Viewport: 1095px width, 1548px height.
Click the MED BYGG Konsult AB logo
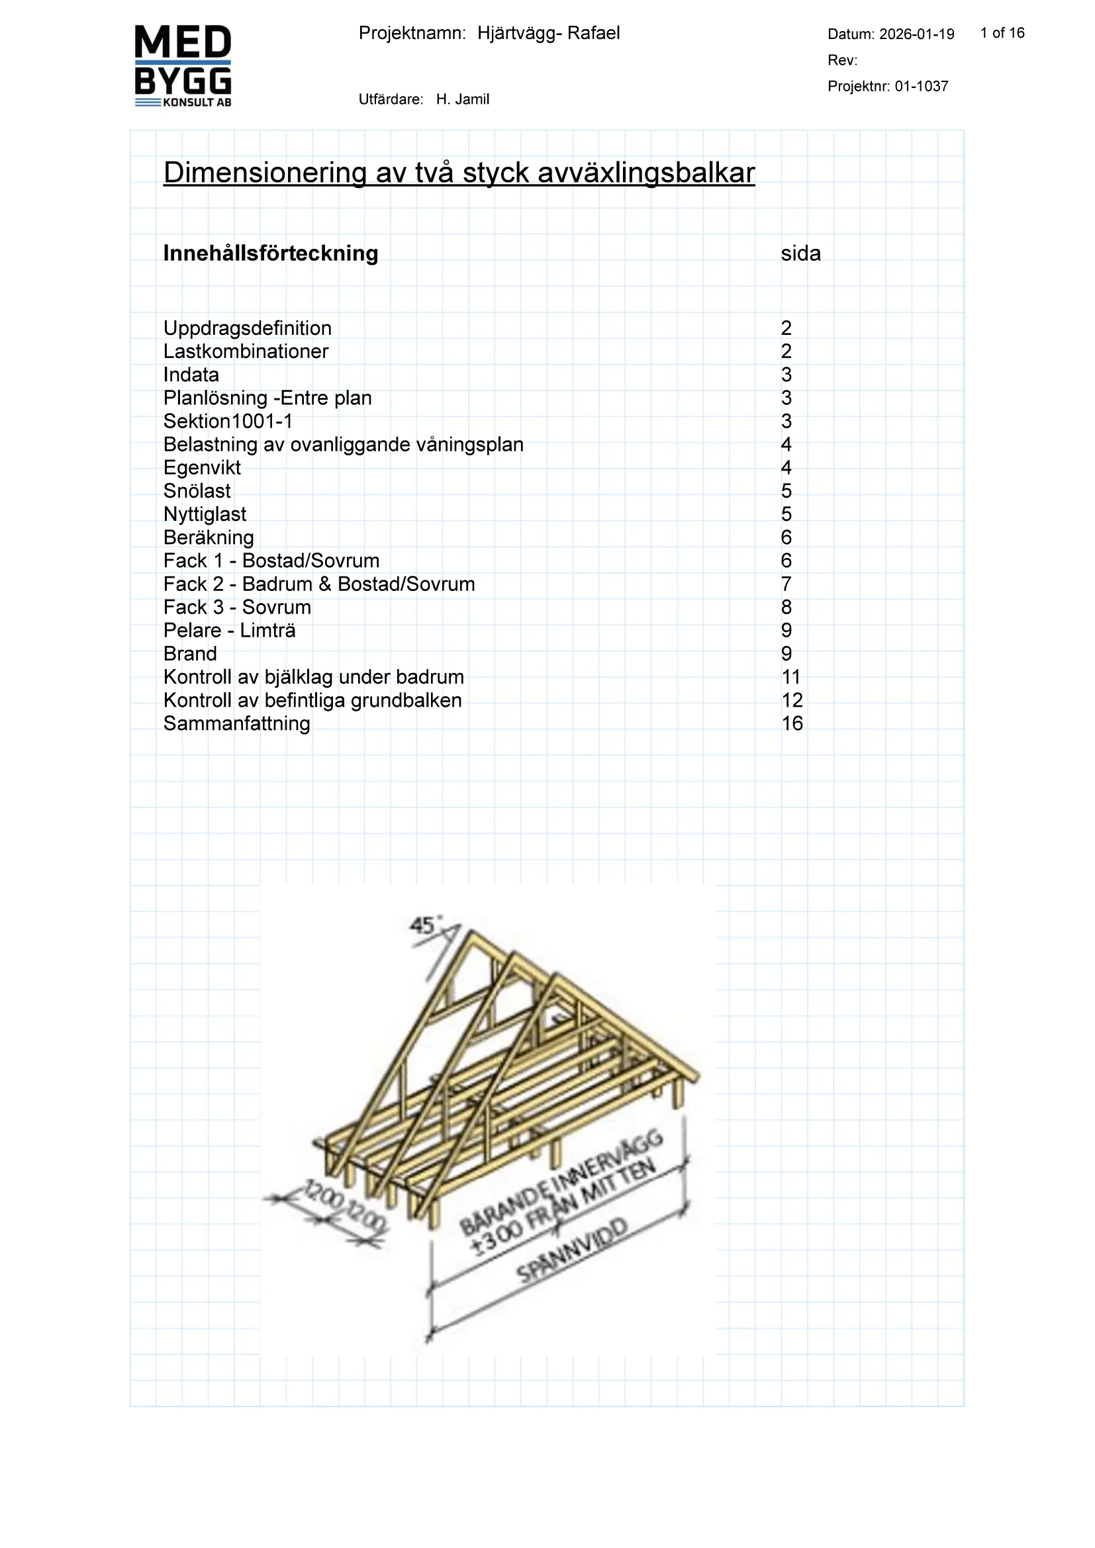[183, 66]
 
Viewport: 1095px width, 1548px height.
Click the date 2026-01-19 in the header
[916, 34]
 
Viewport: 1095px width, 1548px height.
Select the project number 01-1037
[921, 86]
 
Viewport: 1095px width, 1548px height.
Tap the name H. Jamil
[463, 100]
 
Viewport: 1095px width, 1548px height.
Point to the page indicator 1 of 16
[1002, 33]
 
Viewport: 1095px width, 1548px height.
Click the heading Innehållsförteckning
[270, 253]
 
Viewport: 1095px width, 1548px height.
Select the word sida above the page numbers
[800, 253]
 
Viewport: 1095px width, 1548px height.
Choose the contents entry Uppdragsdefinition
[248, 328]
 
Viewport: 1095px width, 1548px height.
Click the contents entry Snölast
[197, 491]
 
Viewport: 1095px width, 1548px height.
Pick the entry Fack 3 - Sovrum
[238, 608]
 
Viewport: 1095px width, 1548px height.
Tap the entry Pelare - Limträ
[229, 631]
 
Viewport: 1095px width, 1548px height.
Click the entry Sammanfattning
[236, 723]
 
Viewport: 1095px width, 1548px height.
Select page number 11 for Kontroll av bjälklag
[791, 677]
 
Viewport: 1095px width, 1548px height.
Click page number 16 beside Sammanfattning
[792, 723]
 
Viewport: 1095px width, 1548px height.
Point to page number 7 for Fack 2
[786, 584]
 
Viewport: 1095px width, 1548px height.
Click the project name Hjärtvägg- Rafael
[548, 33]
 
